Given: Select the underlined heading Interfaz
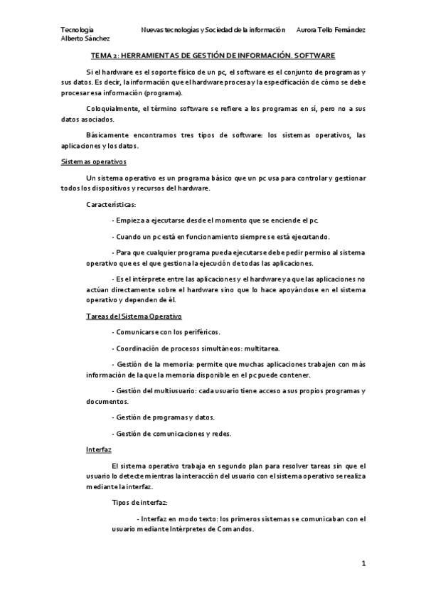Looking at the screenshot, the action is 97,450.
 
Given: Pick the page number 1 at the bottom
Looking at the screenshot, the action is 363,564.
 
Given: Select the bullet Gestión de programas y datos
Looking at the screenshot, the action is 163,417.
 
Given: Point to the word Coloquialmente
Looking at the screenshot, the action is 112,107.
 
